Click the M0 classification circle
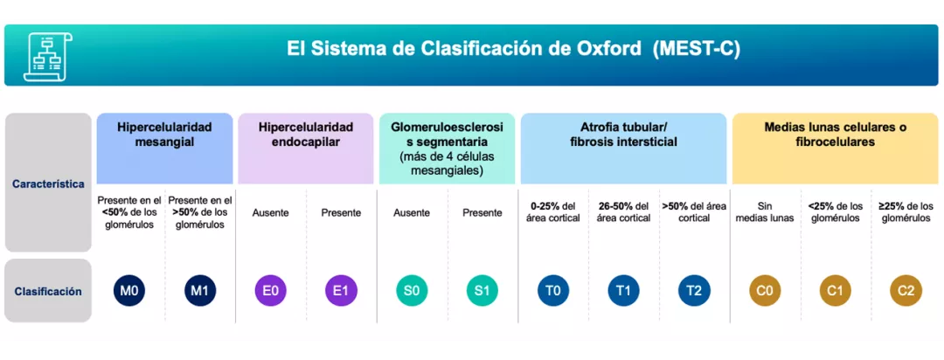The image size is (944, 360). click(x=129, y=291)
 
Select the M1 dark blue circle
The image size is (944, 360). click(x=199, y=291)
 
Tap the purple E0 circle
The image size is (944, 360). click(x=270, y=291)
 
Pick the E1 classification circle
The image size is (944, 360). click(x=341, y=291)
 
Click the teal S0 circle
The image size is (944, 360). click(x=412, y=291)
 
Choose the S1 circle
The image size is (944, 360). click(x=482, y=291)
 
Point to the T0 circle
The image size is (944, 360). click(x=553, y=291)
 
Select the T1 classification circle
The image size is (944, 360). click(x=623, y=291)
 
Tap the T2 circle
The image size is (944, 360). click(x=694, y=291)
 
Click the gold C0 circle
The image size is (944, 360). click(x=765, y=291)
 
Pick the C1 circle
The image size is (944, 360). click(x=835, y=291)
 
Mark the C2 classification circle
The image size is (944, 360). click(x=906, y=291)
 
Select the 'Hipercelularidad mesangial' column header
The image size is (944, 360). click(x=164, y=134)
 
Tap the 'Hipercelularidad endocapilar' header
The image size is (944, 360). click(x=306, y=134)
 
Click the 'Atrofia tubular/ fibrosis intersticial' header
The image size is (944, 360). click(x=623, y=134)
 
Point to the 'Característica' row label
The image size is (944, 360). click(x=48, y=183)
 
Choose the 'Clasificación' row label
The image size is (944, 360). click(x=48, y=291)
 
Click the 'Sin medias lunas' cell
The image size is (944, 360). click(x=765, y=212)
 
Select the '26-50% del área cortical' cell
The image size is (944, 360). click(x=623, y=212)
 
